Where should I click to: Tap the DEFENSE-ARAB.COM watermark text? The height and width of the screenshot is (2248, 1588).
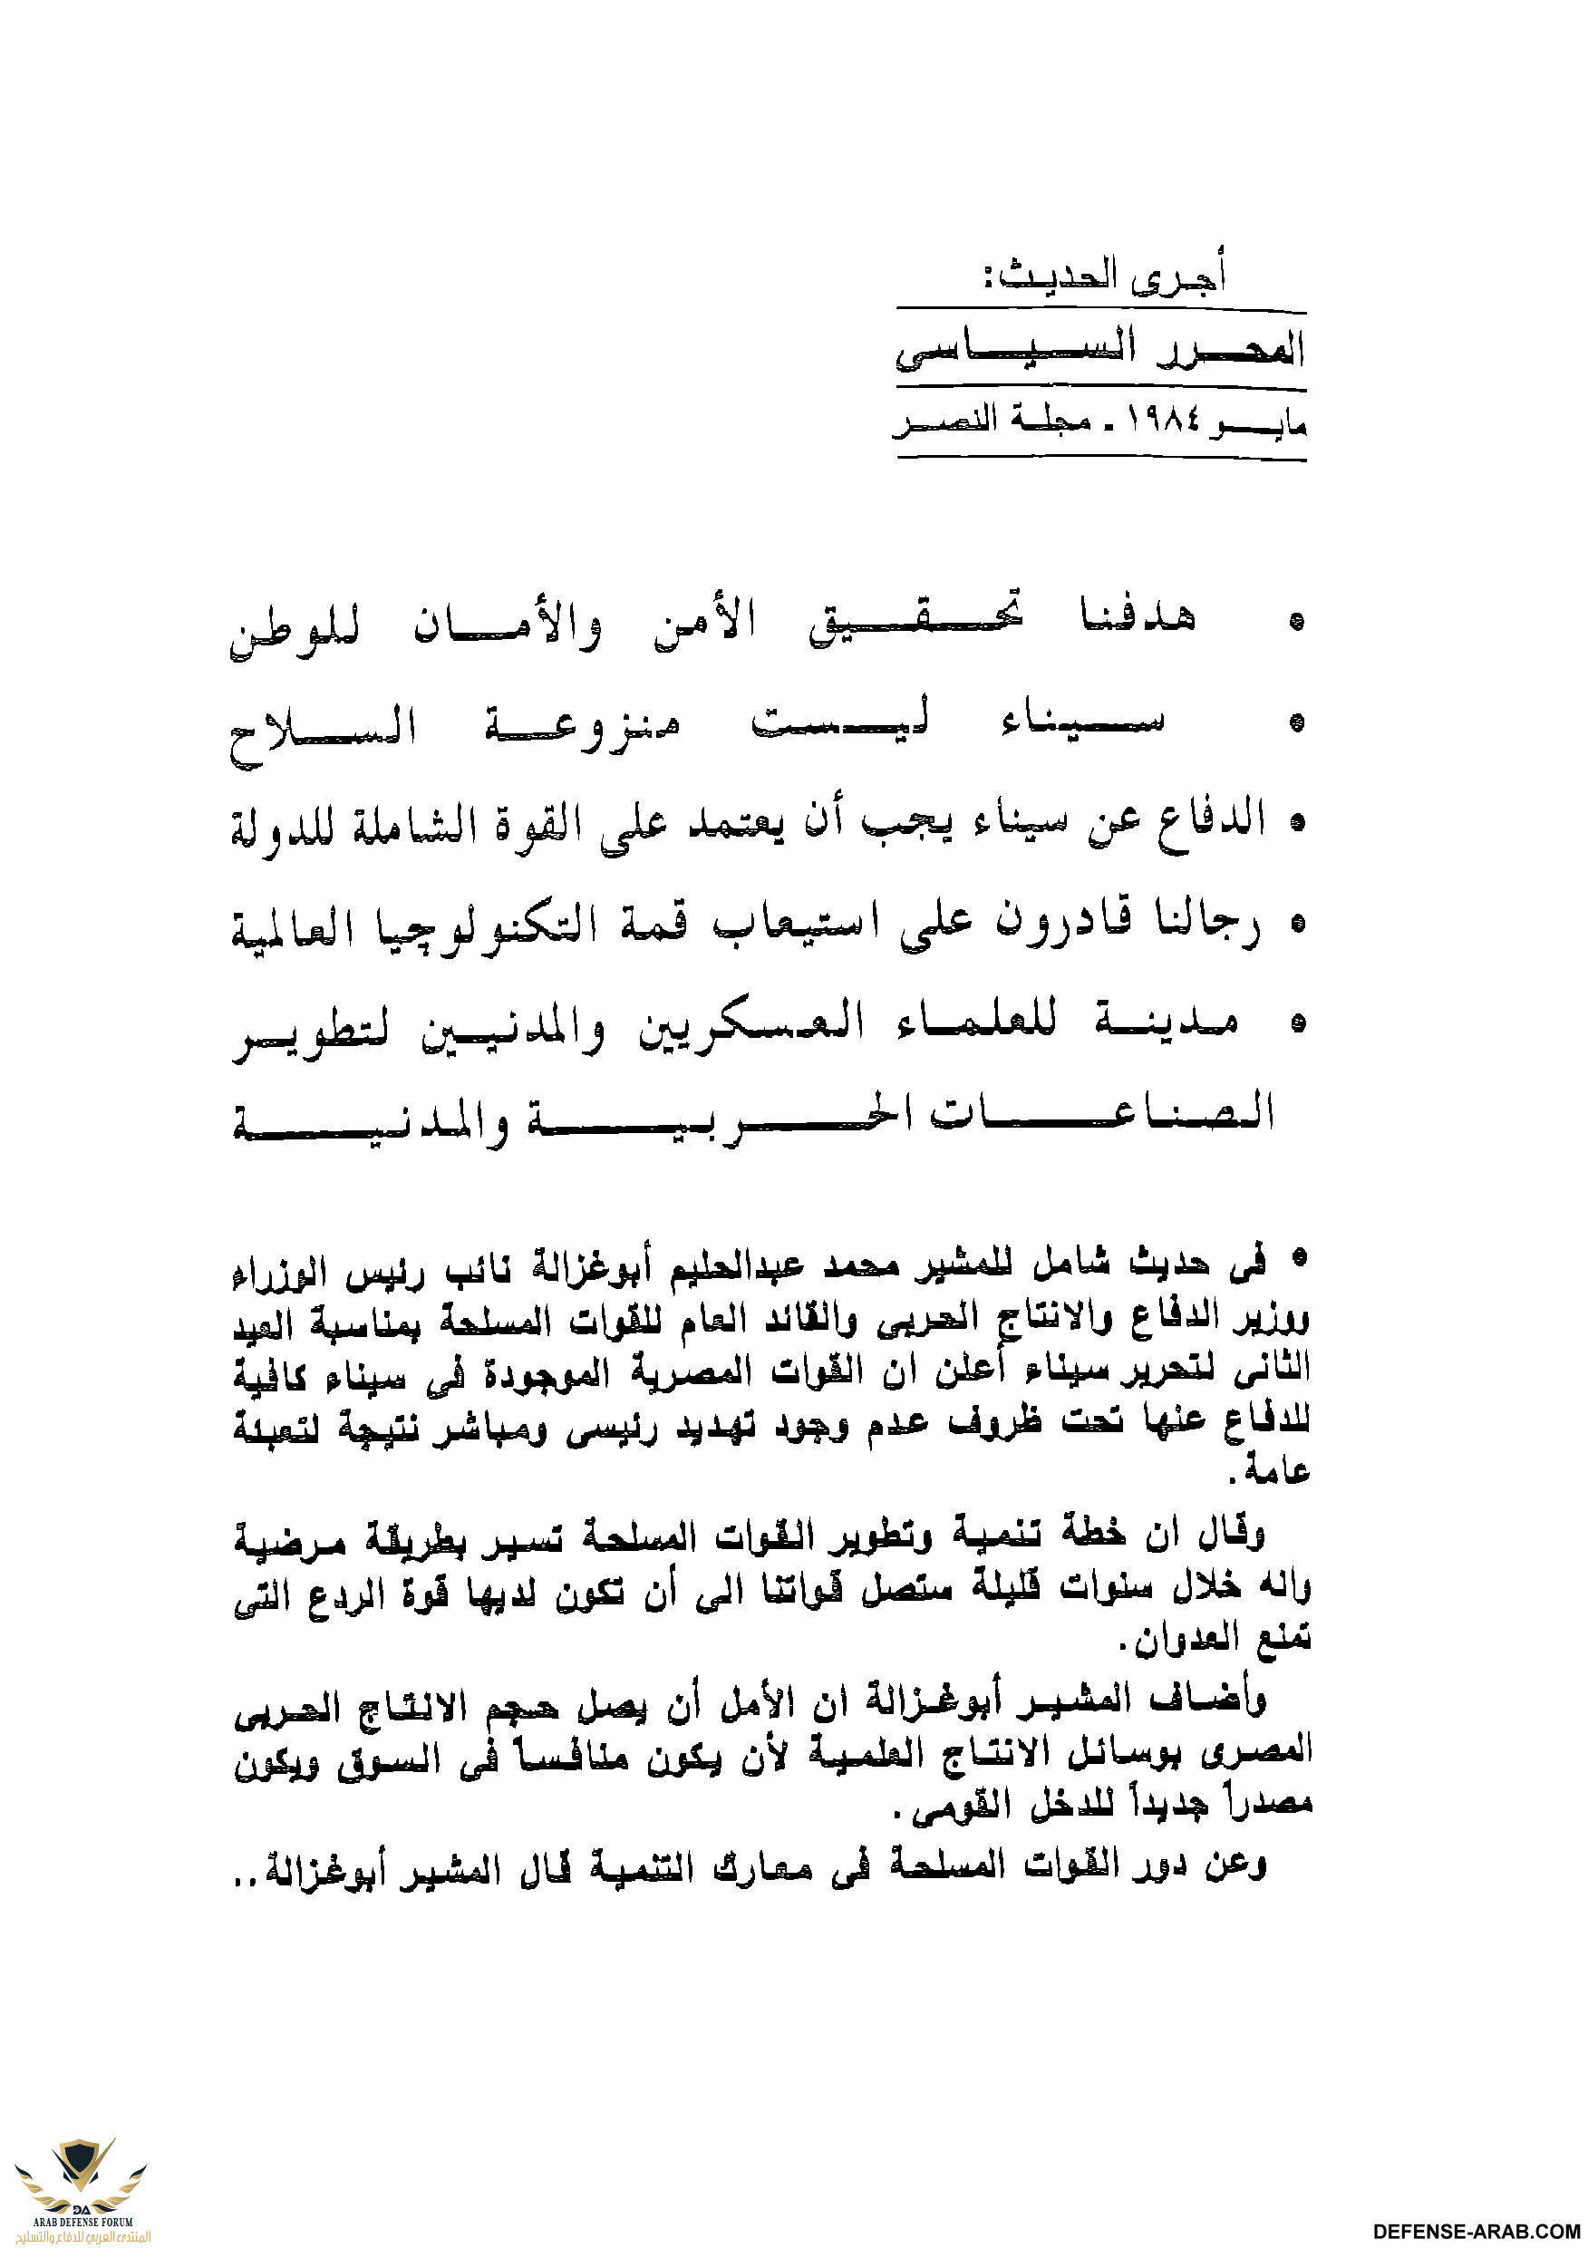click(1478, 2231)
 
